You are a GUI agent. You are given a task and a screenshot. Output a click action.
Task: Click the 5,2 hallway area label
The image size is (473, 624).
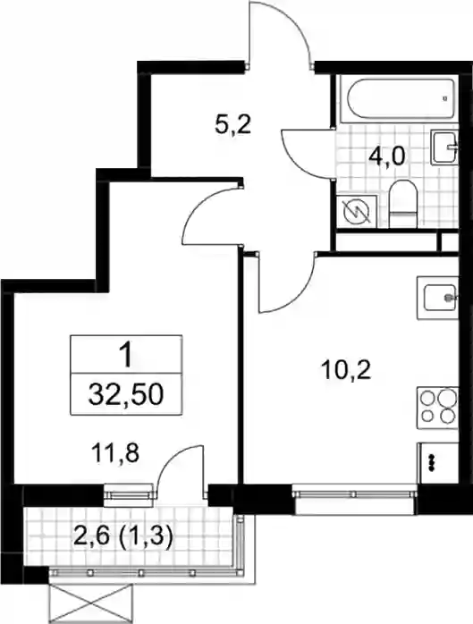pyautogui.click(x=232, y=125)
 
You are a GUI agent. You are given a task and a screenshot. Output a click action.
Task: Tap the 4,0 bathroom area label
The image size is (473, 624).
pyautogui.click(x=386, y=156)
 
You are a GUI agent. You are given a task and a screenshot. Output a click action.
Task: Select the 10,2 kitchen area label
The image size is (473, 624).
pyautogui.click(x=347, y=370)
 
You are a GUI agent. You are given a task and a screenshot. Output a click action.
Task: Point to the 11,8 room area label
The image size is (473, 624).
pyautogui.click(x=115, y=453)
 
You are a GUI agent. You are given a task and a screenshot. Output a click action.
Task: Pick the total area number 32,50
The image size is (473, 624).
pyautogui.click(x=126, y=394)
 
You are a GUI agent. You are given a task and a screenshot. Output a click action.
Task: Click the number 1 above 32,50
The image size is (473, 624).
pyautogui.click(x=126, y=356)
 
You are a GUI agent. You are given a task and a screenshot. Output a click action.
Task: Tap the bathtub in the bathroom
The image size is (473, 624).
pyautogui.click(x=401, y=98)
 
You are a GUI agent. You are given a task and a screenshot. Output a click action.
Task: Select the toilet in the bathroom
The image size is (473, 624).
pyautogui.click(x=402, y=204)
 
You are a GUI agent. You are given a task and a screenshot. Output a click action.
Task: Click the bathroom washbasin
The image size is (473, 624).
pyautogui.click(x=444, y=148)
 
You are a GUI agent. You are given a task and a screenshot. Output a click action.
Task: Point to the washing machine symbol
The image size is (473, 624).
pyautogui.click(x=357, y=212)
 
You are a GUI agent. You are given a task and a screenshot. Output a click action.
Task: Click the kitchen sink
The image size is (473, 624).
pyautogui.click(x=439, y=298)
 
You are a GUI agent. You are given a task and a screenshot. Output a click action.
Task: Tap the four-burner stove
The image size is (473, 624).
pyautogui.click(x=437, y=408)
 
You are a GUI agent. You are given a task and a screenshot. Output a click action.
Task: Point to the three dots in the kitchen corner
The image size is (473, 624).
pyautogui.click(x=431, y=462)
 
